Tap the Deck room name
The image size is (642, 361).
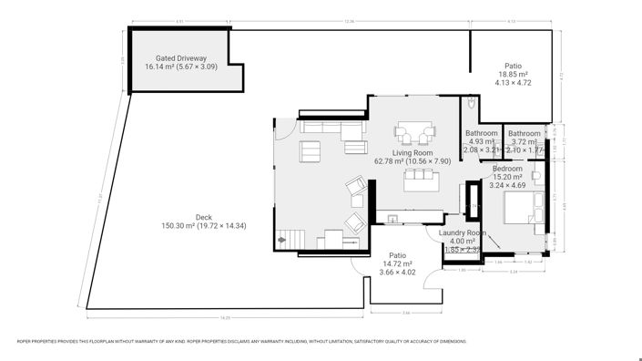coord(178,217)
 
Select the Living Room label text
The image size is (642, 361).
coord(412,152)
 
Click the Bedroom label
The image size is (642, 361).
coord(507,169)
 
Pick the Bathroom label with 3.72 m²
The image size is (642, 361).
coord(524,133)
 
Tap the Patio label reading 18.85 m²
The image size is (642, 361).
coord(514,66)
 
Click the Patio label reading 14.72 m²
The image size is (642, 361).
coord(397,255)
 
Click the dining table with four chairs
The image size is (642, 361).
coord(414,136)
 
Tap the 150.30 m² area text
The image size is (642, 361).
coord(178,225)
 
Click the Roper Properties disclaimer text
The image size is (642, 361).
coord(242,342)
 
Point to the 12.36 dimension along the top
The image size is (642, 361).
coord(349,21)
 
